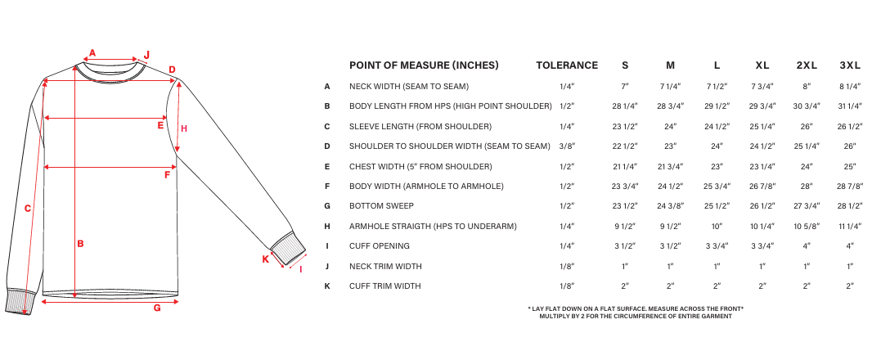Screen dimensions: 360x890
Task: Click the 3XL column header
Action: click(850, 65)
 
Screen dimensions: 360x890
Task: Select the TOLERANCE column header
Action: click(567, 65)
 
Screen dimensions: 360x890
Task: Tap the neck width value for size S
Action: click(625, 86)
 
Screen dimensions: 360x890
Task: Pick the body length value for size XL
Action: click(762, 106)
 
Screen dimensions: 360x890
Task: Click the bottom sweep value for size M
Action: click(670, 206)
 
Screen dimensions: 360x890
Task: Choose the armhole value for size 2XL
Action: click(806, 226)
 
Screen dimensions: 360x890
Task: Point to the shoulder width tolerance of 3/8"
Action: click(567, 146)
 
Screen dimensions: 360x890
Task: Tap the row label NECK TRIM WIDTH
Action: click(385, 266)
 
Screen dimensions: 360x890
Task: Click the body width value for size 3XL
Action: click(850, 187)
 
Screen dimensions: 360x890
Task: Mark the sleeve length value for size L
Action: click(717, 127)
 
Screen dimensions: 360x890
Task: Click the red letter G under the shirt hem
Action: click(156, 308)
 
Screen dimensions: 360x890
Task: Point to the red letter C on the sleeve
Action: click(27, 209)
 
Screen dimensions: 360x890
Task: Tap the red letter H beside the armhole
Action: click(184, 128)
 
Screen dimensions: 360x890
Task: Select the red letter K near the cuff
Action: click(265, 259)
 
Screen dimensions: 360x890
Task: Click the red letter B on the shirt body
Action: click(80, 243)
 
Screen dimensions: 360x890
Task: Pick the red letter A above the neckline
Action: click(92, 53)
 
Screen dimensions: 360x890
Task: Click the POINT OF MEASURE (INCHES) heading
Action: click(424, 65)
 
